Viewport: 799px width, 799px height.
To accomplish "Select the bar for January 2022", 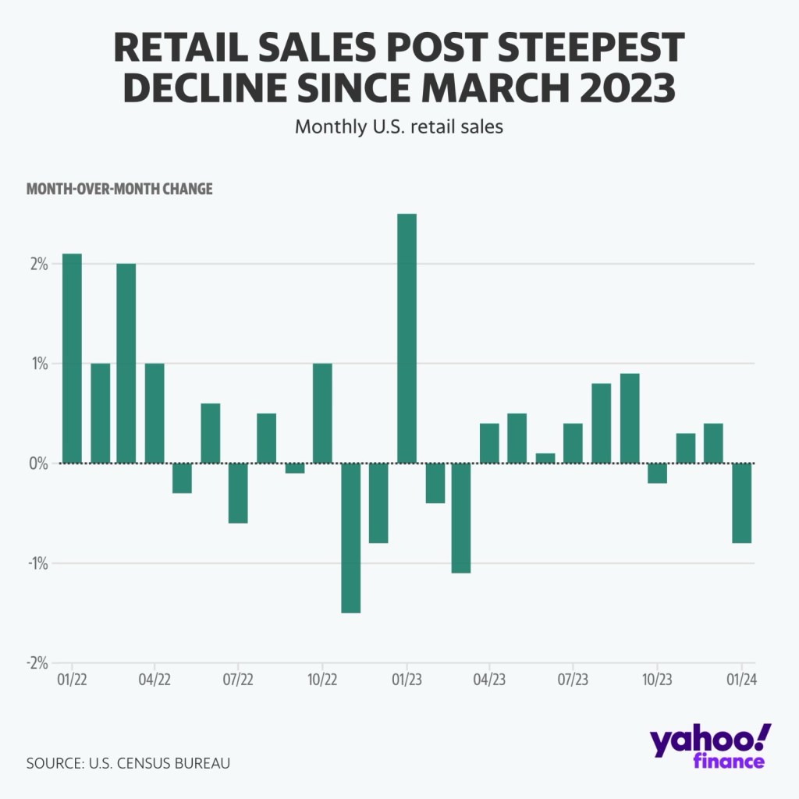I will click(x=72, y=358).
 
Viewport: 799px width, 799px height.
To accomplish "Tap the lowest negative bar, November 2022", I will click(x=350, y=538).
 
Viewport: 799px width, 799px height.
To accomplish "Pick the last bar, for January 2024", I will click(x=742, y=502).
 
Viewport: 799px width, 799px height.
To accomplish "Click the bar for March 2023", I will click(x=461, y=518).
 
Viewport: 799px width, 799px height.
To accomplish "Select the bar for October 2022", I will click(x=322, y=414).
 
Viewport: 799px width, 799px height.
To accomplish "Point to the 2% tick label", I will click(x=39, y=264).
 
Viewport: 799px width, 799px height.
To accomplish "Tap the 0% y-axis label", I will click(x=39, y=463).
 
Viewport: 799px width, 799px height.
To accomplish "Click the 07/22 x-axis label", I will click(x=238, y=680).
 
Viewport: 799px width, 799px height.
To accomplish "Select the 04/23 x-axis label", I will click(x=489, y=680).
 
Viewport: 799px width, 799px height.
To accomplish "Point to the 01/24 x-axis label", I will click(x=740, y=680).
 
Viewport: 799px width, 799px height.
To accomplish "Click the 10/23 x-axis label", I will click(x=657, y=680).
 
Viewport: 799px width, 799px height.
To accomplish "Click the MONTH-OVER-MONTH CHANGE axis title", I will click(x=119, y=190).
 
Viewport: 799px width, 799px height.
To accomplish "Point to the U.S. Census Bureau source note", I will click(x=128, y=762).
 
